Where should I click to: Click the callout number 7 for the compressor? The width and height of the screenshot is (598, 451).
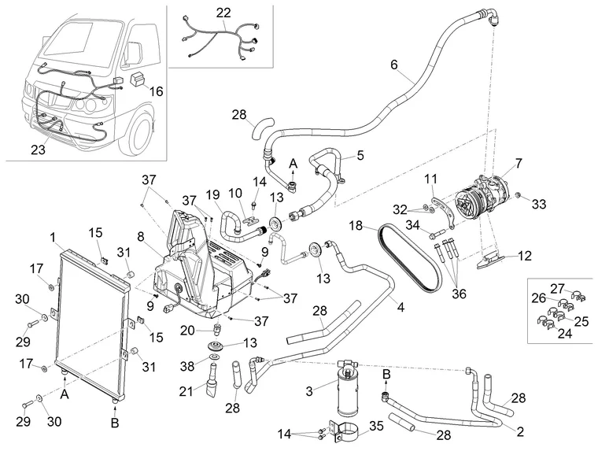(x=518, y=165)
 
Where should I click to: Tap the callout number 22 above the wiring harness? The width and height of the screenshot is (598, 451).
(x=224, y=13)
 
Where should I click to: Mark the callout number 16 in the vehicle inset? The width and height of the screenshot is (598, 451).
(x=155, y=92)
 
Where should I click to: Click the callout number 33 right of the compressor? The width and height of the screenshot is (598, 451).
(x=538, y=205)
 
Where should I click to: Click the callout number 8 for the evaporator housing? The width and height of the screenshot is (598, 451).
(x=140, y=235)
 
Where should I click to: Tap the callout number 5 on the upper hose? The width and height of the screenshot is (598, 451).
(x=360, y=157)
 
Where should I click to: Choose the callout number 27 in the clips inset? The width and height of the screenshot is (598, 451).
(x=558, y=288)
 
